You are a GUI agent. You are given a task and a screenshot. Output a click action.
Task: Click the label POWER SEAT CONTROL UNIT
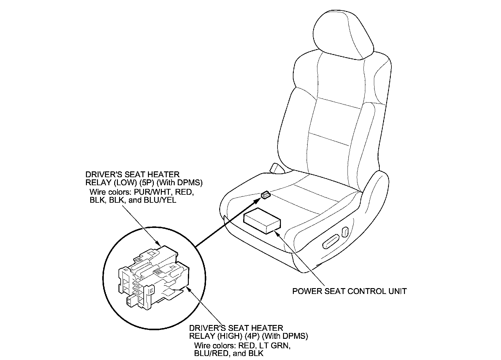[349, 291]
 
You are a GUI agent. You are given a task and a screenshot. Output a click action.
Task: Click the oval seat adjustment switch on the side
[331, 241]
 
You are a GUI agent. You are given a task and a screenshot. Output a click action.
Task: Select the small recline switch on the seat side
[345, 231]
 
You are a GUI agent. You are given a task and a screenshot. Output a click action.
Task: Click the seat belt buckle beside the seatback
[276, 168]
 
